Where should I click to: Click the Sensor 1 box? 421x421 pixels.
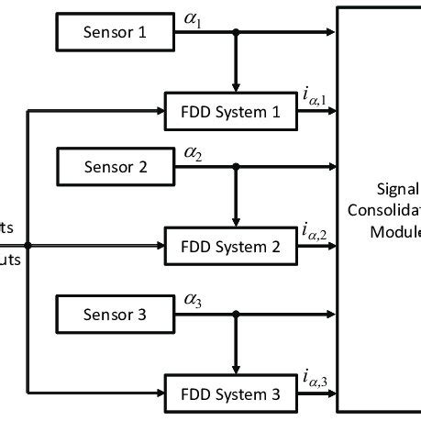[115, 34]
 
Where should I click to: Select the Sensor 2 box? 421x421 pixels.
[115, 166]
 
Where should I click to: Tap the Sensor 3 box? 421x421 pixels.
[115, 315]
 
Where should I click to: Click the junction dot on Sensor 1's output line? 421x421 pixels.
[236, 34]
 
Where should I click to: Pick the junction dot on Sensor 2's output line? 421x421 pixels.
[236, 167]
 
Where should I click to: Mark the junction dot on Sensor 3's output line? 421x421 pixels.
[236, 315]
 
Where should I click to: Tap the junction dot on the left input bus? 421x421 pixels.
[28, 246]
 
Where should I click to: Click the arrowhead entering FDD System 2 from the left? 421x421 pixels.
[158, 246]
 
